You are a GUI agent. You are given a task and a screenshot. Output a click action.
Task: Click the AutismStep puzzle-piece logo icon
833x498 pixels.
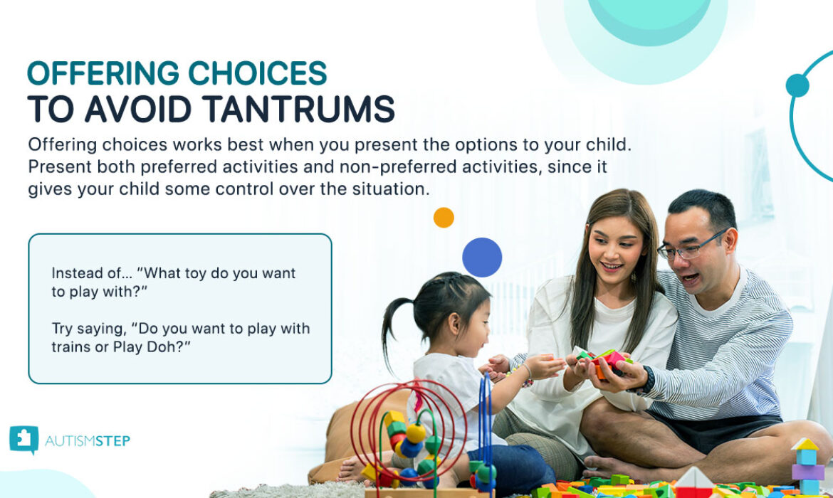[23, 440]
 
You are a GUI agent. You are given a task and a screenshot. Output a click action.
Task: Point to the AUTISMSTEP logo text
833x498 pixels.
[88, 441]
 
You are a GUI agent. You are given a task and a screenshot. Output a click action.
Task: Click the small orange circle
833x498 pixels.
[444, 218]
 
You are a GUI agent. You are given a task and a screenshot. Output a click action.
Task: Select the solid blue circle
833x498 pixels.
[482, 258]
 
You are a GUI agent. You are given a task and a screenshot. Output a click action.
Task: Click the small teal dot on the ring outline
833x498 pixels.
[797, 85]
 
